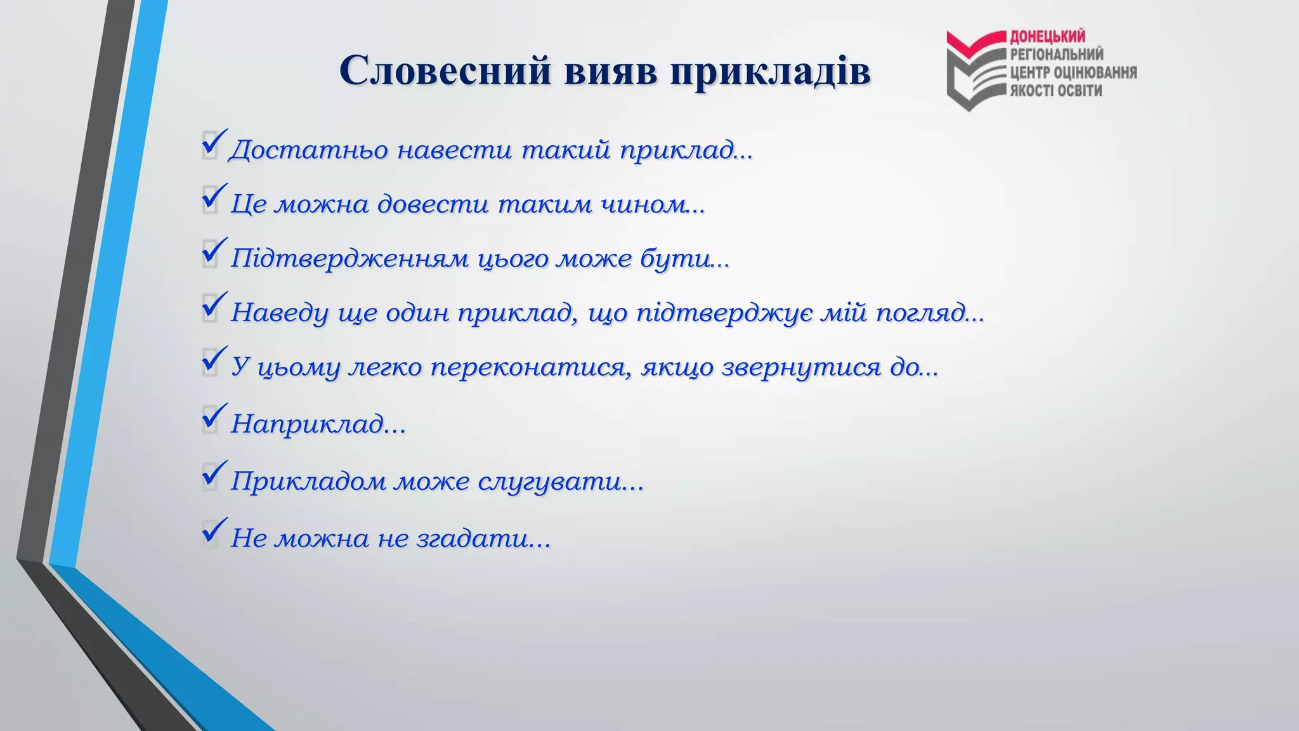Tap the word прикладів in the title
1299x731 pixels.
[x=770, y=71]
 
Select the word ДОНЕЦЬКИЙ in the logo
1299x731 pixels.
[x=1047, y=37]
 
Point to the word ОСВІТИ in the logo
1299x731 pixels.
[x=1079, y=90]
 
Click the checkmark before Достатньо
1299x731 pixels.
[x=214, y=143]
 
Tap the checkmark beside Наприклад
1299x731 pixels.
[x=214, y=418]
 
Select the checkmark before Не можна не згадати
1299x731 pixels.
[x=214, y=532]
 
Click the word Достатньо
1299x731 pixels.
[x=309, y=150]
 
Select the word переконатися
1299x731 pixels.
[x=530, y=367]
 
